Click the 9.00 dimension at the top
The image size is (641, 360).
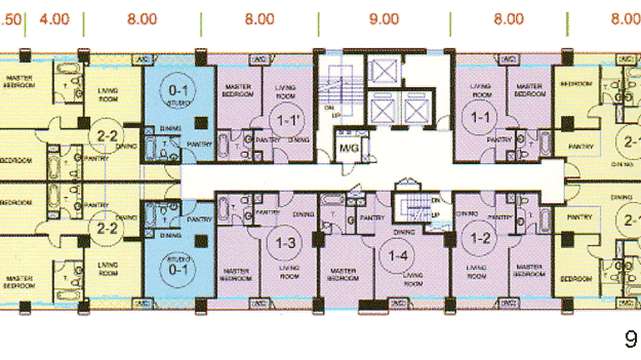tap(384, 20)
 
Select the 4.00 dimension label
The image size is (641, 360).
tap(54, 20)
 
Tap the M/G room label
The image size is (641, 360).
tap(349, 148)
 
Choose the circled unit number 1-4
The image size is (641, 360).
tap(398, 256)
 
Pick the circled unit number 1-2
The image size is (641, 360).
tap(481, 237)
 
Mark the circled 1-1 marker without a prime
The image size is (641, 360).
tap(479, 117)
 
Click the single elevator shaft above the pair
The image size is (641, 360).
tap(385, 72)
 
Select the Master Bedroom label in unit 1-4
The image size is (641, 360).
tap(343, 275)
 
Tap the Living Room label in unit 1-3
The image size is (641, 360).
tap(288, 272)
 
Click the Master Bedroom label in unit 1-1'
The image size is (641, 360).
tap(237, 91)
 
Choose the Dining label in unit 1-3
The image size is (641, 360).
tap(303, 214)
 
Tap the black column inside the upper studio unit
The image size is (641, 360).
tap(201, 123)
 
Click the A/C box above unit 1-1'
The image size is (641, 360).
tap(259, 60)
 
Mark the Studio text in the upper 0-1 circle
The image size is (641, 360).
tap(178, 103)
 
